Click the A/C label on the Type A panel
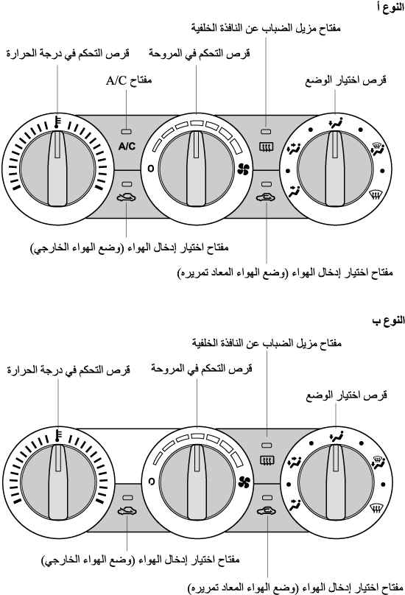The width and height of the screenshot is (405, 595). [x=127, y=146]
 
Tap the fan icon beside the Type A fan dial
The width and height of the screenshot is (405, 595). [x=243, y=169]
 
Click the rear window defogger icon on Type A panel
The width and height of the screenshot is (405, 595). [x=267, y=147]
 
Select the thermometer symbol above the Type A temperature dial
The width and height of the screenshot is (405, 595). [x=57, y=122]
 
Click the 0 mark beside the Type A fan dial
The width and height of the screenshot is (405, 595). [x=151, y=168]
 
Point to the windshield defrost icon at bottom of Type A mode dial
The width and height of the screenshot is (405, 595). [x=376, y=196]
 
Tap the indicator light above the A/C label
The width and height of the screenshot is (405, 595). [x=127, y=132]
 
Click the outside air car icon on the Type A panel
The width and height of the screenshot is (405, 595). [x=127, y=197]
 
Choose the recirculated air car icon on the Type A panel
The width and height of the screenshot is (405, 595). [x=267, y=197]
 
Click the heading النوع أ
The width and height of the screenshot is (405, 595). [x=390, y=7]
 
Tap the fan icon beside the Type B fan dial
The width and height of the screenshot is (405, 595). [x=244, y=482]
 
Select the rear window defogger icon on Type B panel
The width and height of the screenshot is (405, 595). [x=267, y=460]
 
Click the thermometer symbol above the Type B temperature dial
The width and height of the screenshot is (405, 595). [x=58, y=436]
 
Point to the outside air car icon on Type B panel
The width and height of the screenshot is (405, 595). [x=127, y=511]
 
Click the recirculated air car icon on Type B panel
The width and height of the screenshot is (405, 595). [x=267, y=511]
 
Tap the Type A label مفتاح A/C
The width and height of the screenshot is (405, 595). [x=129, y=80]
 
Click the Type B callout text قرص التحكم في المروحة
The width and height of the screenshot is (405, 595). [x=202, y=368]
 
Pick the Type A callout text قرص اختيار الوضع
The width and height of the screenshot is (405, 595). [x=345, y=80]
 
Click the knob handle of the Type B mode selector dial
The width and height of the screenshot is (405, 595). [x=336, y=482]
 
